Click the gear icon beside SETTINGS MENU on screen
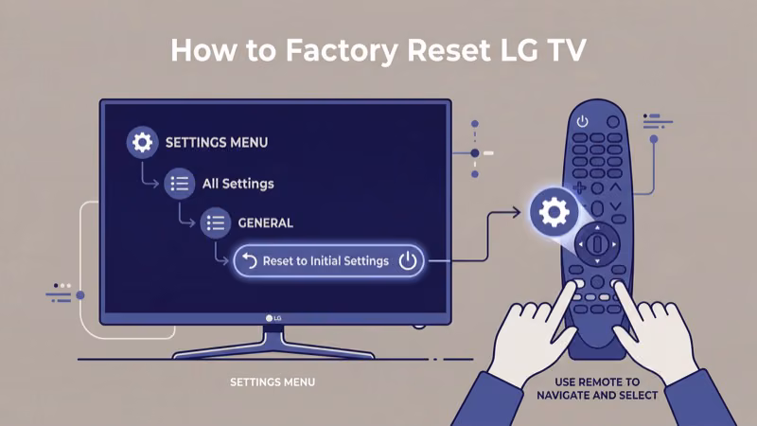(x=142, y=143)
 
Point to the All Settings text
(x=238, y=184)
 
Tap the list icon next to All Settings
(x=179, y=184)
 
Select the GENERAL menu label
(x=265, y=223)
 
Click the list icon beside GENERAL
(x=215, y=223)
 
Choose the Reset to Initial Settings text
(x=325, y=261)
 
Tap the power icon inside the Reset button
(x=407, y=261)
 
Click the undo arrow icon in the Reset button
(x=250, y=261)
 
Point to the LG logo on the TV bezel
(x=274, y=318)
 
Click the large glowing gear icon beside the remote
(x=553, y=212)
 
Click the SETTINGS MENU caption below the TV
(x=273, y=382)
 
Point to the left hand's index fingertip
(x=575, y=289)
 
